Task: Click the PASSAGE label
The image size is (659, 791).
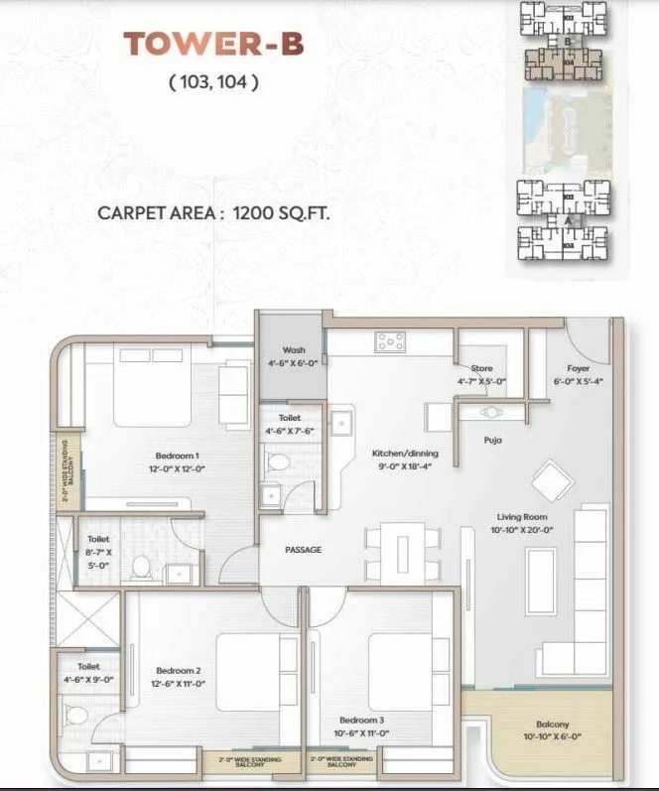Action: [x=303, y=550]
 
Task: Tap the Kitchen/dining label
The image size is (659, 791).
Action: [x=405, y=454]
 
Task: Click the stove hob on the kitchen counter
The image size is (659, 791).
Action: [x=389, y=343]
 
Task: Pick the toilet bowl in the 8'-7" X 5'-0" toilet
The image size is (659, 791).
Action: [x=140, y=567]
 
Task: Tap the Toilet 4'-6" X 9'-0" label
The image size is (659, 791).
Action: [x=88, y=674]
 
